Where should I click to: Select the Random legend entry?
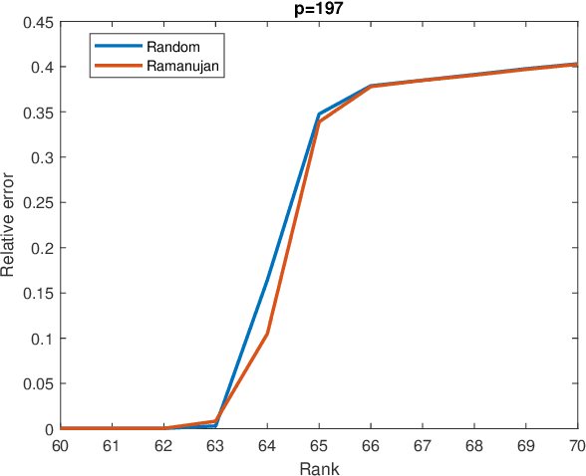click(170, 48)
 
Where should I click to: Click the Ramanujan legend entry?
click(181, 66)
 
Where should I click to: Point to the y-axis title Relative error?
click(9, 225)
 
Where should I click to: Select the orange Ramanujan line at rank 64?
click(267, 333)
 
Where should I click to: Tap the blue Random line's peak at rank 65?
click(319, 115)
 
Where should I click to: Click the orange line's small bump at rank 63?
click(215, 420)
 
